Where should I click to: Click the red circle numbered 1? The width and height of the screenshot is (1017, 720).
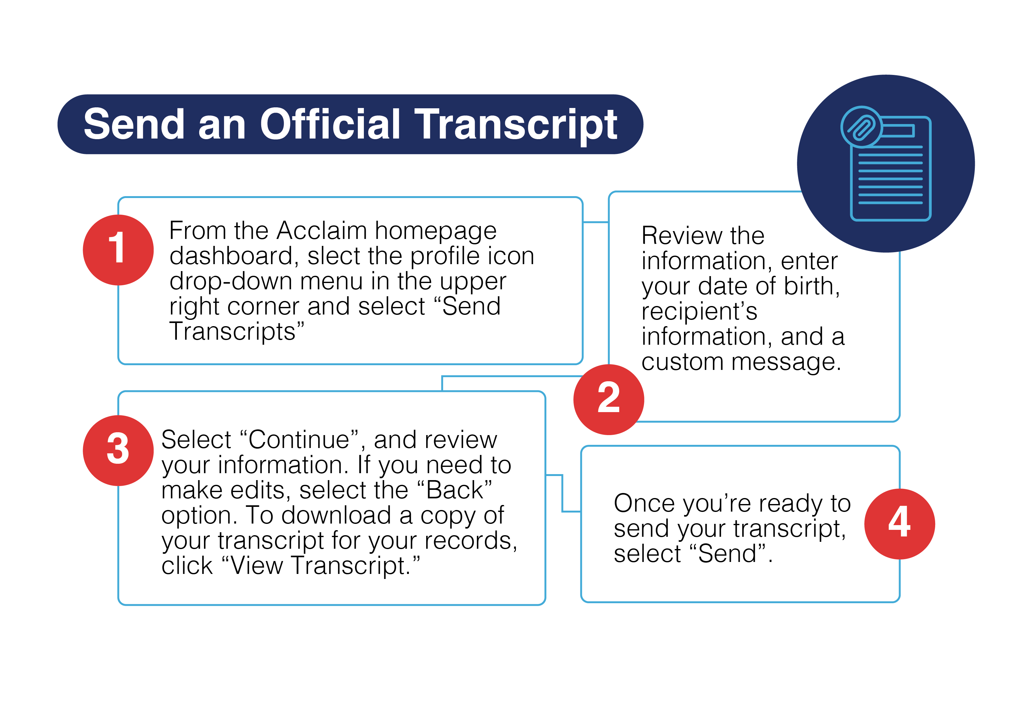pyautogui.click(x=118, y=250)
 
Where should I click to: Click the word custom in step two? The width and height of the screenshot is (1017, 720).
pyautogui.click(x=682, y=362)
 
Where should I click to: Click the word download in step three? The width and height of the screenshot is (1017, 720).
pyautogui.click(x=336, y=516)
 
